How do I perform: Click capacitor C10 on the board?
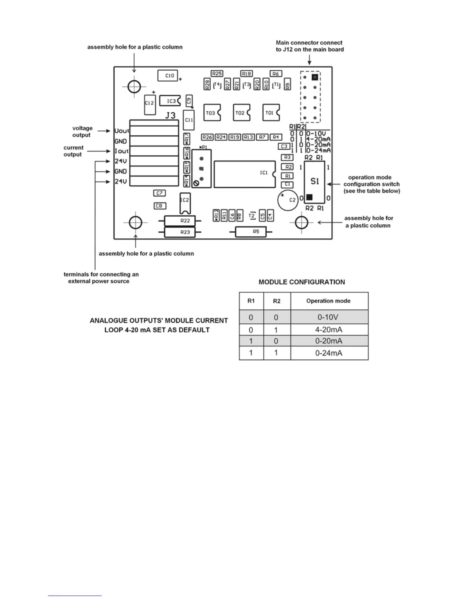pyautogui.click(x=168, y=76)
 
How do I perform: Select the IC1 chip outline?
pyautogui.click(x=244, y=174)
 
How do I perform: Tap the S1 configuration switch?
pyautogui.click(x=314, y=182)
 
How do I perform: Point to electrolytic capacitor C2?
pyautogui.click(x=287, y=200)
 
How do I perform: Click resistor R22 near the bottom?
pyautogui.click(x=180, y=221)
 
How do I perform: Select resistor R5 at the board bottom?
pyautogui.click(x=250, y=231)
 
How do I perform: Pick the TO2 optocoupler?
pyautogui.click(x=241, y=113)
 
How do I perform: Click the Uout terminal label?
pyautogui.click(x=122, y=131)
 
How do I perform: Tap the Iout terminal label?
pyautogui.click(x=122, y=151)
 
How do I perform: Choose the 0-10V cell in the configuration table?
pyautogui.click(x=329, y=317)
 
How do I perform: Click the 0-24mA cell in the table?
pyautogui.click(x=329, y=353)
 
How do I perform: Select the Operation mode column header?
pyautogui.click(x=328, y=301)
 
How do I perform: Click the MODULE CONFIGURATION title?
pyautogui.click(x=301, y=282)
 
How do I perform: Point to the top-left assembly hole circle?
pyautogui.click(x=134, y=87)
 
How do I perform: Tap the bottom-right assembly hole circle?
pyautogui.click(x=301, y=222)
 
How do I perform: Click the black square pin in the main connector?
pyautogui.click(x=315, y=77)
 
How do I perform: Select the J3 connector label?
pyautogui.click(x=170, y=115)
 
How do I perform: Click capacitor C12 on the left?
pyautogui.click(x=149, y=103)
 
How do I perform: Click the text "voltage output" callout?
pyautogui.click(x=82, y=132)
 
